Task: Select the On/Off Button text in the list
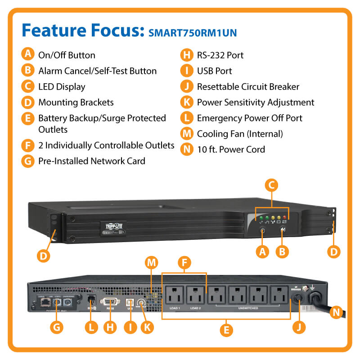coord(67,55)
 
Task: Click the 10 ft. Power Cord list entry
coord(231,149)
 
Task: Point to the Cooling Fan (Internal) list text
coord(240,134)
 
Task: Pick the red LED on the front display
coord(284,218)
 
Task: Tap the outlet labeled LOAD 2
coord(196,296)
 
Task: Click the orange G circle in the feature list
coord(28,161)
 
